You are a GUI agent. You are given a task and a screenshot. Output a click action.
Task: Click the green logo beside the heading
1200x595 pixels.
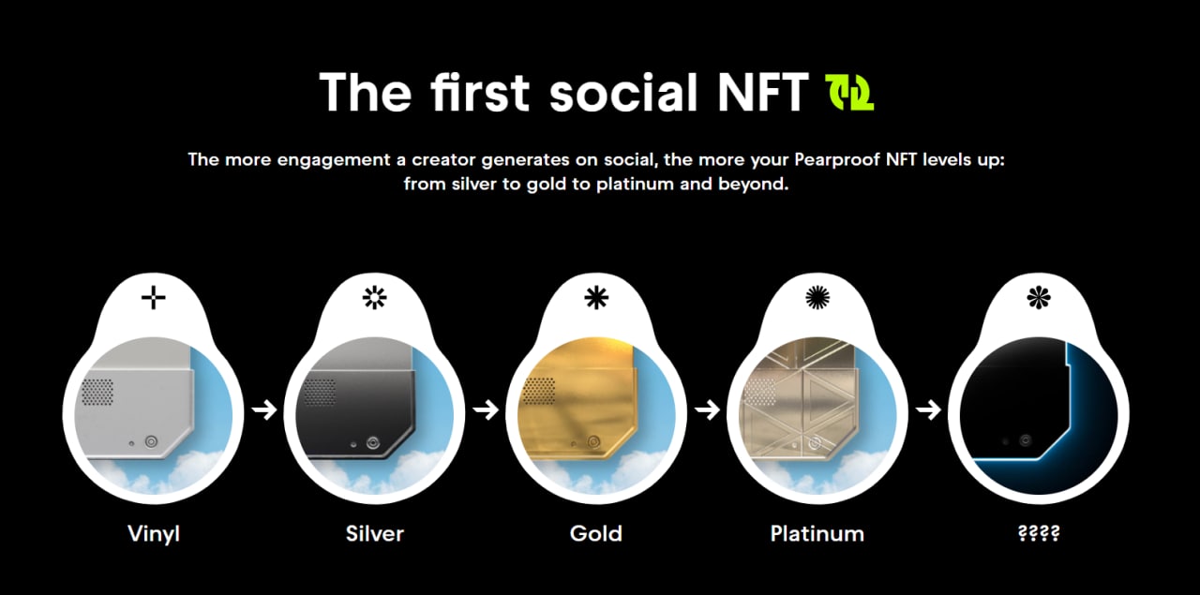click(x=849, y=93)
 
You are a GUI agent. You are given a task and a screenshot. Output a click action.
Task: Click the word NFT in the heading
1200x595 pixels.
click(x=762, y=92)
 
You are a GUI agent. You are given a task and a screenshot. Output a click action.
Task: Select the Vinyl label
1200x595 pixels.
click(x=154, y=534)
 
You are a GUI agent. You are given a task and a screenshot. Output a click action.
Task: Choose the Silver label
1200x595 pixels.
click(x=375, y=533)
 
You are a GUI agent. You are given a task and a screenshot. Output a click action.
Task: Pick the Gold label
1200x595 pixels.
click(x=595, y=533)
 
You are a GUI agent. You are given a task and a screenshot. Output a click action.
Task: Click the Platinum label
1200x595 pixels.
click(x=817, y=533)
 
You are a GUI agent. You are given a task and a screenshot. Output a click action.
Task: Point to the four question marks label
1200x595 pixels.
click(x=1039, y=533)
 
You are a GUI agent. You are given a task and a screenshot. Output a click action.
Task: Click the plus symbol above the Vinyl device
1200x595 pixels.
click(x=153, y=298)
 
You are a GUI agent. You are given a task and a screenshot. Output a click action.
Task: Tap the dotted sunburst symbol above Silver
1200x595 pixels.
click(x=374, y=298)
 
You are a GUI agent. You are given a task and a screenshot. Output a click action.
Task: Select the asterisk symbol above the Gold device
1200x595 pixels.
click(x=596, y=298)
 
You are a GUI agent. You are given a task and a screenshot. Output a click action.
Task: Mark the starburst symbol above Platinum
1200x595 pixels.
click(x=817, y=298)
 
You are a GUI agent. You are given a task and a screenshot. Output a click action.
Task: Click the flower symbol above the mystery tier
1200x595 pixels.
click(x=1039, y=298)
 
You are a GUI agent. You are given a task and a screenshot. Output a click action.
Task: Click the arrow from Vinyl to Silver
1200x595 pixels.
click(x=264, y=410)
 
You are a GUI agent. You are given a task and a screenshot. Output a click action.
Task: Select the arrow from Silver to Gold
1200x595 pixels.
click(x=486, y=410)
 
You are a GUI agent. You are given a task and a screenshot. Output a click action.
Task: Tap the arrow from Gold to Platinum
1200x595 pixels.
click(x=707, y=410)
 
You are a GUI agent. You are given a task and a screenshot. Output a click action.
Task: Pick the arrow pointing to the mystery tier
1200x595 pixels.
click(x=928, y=410)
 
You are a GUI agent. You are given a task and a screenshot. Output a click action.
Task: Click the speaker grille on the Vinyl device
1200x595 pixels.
click(x=97, y=392)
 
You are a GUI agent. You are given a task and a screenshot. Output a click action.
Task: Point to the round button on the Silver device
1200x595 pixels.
click(x=373, y=443)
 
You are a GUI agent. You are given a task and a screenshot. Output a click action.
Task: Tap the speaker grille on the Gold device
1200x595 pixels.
click(x=538, y=391)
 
